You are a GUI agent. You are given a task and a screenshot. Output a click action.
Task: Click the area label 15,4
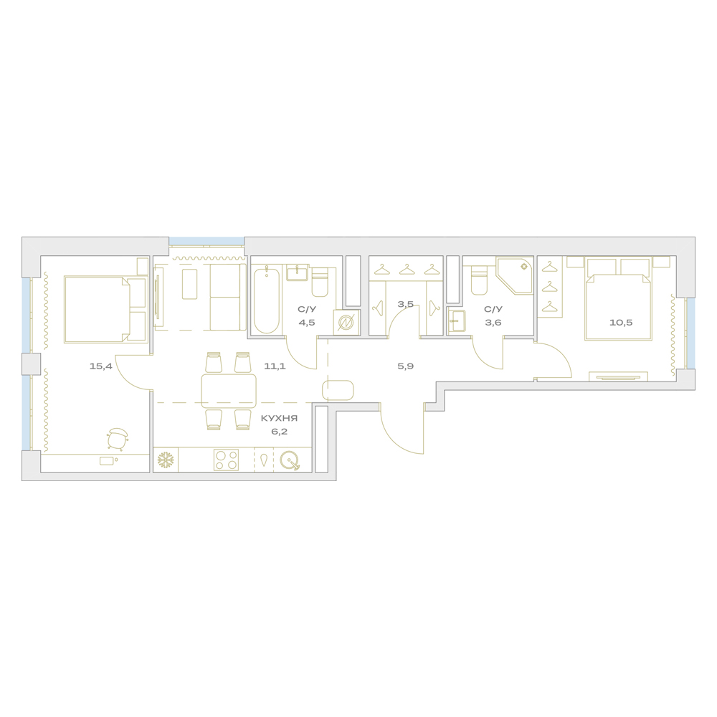(100, 366)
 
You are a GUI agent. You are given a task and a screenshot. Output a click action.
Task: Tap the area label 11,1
(275, 366)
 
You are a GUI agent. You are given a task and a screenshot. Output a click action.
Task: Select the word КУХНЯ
(279, 419)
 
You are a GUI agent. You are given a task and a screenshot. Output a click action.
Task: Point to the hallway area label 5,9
(405, 366)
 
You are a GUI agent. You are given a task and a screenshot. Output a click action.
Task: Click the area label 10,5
(621, 323)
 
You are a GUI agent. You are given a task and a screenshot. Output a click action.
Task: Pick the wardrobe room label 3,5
(406, 304)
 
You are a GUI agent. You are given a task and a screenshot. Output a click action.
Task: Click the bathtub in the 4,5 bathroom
(266, 301)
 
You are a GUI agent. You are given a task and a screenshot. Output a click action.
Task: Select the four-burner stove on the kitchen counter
(227, 460)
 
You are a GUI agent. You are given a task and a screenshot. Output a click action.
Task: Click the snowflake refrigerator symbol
(166, 460)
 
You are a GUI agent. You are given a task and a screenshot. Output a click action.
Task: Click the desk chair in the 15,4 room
(118, 439)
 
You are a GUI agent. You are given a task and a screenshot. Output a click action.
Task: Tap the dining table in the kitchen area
(229, 391)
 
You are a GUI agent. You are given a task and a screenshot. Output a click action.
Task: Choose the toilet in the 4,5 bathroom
(320, 282)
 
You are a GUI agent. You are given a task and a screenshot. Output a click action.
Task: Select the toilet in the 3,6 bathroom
(479, 281)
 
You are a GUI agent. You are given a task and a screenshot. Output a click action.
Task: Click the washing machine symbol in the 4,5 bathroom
(346, 323)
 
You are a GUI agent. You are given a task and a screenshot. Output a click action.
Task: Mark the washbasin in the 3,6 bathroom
(457, 321)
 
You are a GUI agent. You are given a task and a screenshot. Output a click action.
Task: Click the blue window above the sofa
(206, 242)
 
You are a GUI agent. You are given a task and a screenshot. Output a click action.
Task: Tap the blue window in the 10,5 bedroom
(691, 333)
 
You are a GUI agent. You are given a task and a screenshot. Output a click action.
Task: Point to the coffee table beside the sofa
(190, 284)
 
